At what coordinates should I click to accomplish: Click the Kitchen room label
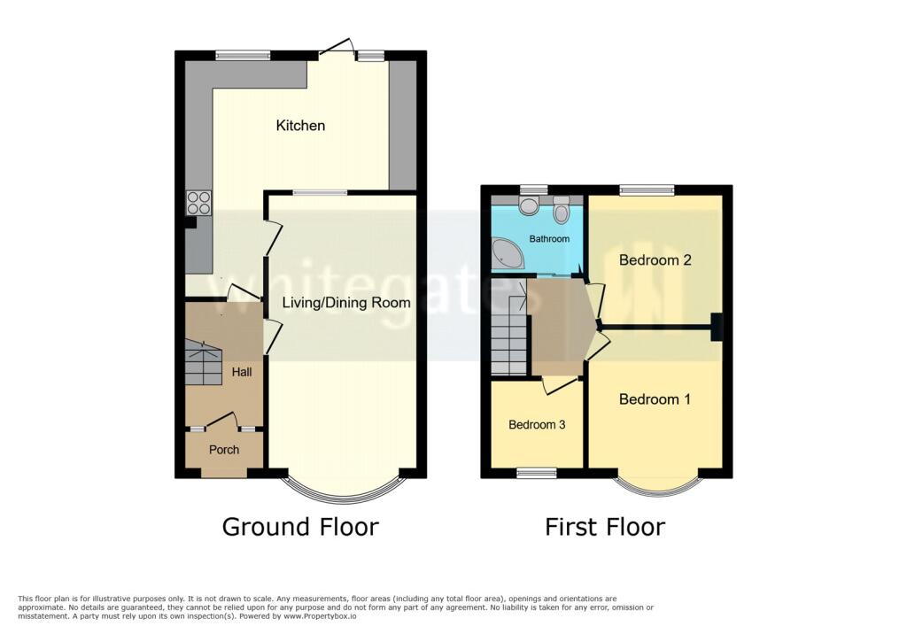coord(300,126)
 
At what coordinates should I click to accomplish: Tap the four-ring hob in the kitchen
coord(198,203)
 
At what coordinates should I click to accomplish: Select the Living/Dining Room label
coord(346,303)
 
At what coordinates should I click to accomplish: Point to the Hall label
coord(241,372)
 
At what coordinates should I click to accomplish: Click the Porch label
coord(224,450)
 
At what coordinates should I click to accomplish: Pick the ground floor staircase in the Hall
coord(203,360)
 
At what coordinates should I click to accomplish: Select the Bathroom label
coord(537,239)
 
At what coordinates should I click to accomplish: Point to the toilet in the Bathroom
coord(560,212)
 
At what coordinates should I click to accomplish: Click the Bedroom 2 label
coord(655,260)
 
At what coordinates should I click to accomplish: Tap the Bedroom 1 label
coord(655,399)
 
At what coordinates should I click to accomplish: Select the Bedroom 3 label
coord(537,425)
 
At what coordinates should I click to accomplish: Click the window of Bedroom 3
coord(537,473)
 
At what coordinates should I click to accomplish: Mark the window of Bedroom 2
coord(647,189)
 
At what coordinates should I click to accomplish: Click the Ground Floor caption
coord(300,527)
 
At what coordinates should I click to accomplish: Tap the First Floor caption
coord(605,528)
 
